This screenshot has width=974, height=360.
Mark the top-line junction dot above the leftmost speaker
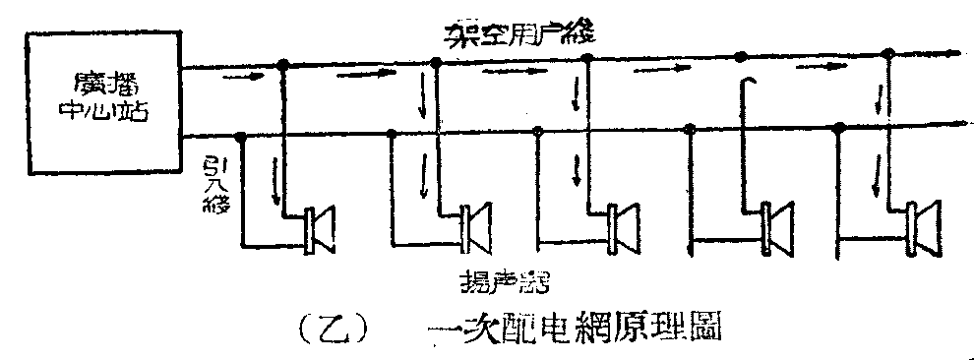click(x=283, y=65)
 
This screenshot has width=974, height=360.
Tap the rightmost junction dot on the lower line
click(x=838, y=127)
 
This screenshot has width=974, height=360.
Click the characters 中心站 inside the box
click(x=105, y=110)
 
